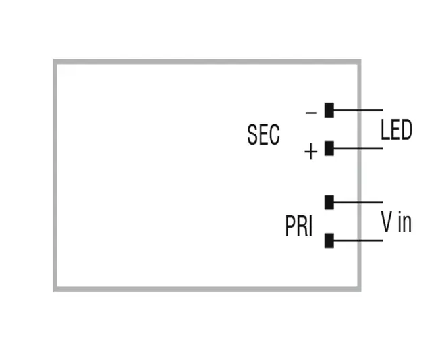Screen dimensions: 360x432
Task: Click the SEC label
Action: point(263,134)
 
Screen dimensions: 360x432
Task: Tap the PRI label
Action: point(298,227)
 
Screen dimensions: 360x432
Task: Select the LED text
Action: point(396,129)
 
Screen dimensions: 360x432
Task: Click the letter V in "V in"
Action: point(386,222)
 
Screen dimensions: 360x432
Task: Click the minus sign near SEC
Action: point(310,112)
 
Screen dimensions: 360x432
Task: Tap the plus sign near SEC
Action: point(310,152)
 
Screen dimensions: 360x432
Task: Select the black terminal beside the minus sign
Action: point(329,109)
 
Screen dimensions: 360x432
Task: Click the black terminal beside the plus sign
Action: point(329,148)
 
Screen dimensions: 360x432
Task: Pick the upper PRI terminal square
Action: point(329,201)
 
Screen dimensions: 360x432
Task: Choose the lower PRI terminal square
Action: point(329,240)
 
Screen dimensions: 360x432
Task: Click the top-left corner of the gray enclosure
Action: point(55,62)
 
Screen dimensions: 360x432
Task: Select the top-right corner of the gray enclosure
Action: point(358,62)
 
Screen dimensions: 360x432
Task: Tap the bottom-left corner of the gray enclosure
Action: point(55,289)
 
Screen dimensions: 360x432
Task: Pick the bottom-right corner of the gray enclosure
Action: point(358,289)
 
